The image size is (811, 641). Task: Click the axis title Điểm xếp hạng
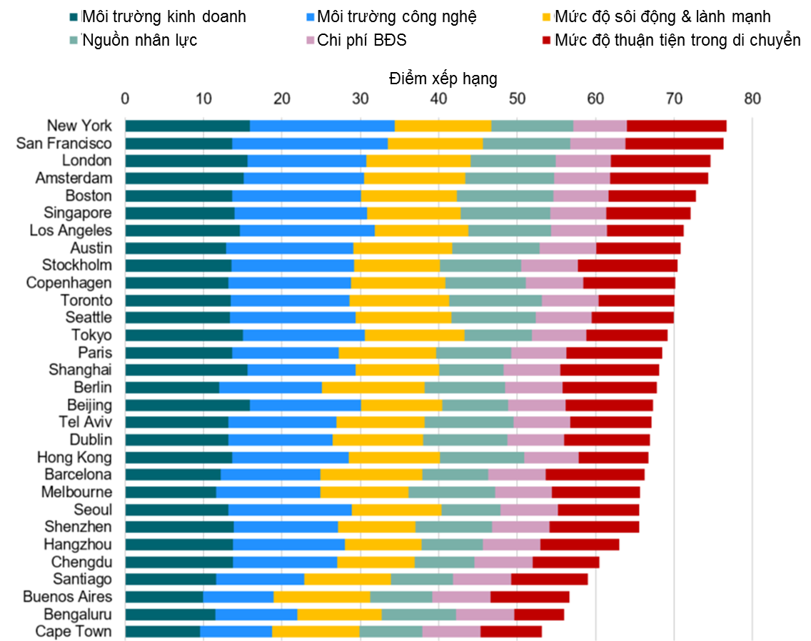[x=443, y=79]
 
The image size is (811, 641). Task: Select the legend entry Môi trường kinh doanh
[x=163, y=16]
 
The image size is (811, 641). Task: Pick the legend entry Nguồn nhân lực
[x=139, y=40]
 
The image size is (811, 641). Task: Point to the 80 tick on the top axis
[x=752, y=98]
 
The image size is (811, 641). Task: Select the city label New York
[x=79, y=126]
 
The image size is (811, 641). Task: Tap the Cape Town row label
[x=74, y=631]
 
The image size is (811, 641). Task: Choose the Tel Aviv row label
[x=85, y=422]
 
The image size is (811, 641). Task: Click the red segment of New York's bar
[x=676, y=126]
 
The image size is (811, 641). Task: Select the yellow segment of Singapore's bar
[x=414, y=213]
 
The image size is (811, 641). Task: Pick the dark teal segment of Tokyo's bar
[x=184, y=335]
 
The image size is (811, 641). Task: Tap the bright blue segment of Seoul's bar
[x=290, y=510]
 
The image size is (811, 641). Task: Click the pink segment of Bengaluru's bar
[x=485, y=615]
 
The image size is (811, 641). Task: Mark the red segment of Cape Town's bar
[x=511, y=632]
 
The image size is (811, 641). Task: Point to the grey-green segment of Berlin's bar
[x=465, y=388]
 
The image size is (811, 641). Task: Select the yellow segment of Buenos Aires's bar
[x=322, y=597]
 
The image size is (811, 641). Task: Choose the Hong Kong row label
[x=74, y=457]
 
